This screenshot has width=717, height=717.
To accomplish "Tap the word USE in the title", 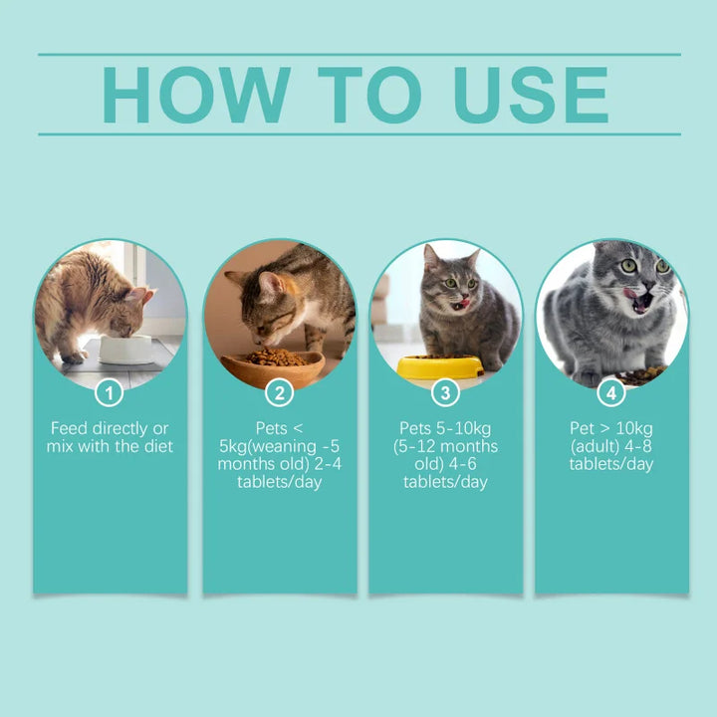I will click(531, 96).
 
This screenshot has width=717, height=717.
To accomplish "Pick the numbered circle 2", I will click(280, 392).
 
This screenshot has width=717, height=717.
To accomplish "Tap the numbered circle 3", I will click(446, 392).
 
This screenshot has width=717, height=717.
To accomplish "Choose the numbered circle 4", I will click(611, 392).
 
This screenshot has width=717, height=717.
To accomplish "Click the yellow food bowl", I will click(439, 366).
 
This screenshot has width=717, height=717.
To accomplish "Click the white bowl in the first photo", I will click(125, 349).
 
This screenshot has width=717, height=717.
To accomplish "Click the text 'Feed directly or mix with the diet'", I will click(110, 437).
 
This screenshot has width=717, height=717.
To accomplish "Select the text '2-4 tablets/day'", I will click(280, 473).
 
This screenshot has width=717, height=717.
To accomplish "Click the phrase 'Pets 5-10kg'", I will click(446, 428).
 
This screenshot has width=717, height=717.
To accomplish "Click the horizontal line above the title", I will click(358, 55).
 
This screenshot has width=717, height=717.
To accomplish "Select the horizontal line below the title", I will click(358, 134).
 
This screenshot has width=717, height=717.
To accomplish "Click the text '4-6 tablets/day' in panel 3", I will click(446, 473).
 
